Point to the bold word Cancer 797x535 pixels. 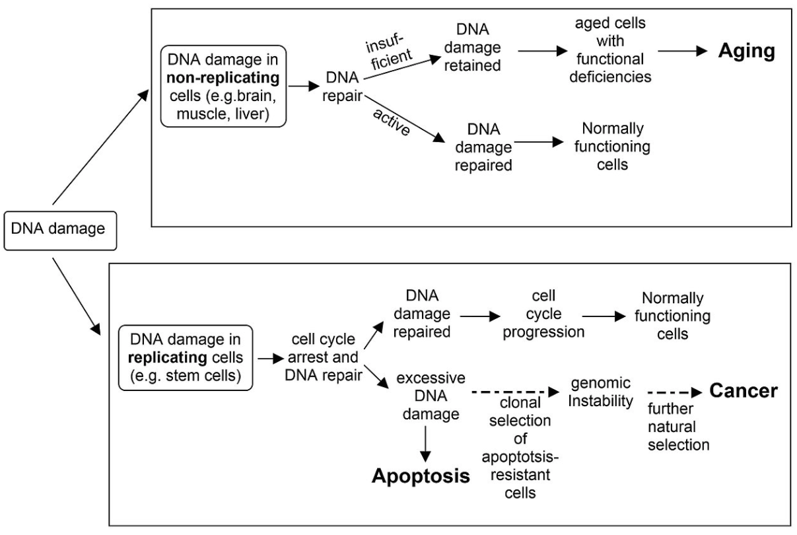(743, 391)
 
